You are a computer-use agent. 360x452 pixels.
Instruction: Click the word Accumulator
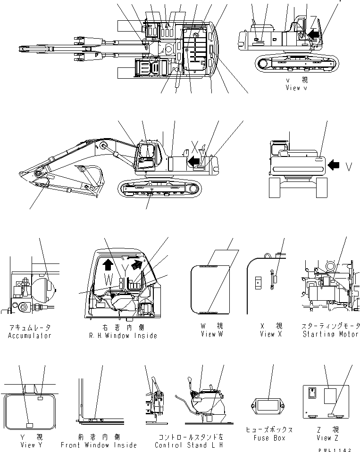click(x=29, y=336)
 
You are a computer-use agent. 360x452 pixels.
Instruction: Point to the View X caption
click(x=271, y=334)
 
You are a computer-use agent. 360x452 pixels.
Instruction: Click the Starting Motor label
click(x=330, y=334)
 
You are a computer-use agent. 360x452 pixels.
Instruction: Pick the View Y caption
click(x=29, y=445)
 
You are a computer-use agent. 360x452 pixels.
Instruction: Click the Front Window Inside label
click(x=99, y=445)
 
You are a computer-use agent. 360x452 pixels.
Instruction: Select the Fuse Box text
click(x=268, y=438)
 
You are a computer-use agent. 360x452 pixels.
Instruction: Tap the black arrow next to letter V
click(x=334, y=165)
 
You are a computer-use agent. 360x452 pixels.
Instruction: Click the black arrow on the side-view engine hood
click(x=192, y=162)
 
